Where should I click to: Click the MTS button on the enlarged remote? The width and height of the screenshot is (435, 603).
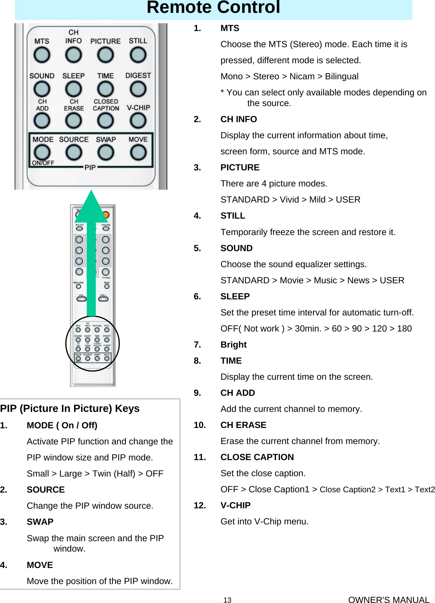pos(42,55)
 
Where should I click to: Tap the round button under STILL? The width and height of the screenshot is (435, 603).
pos(138,55)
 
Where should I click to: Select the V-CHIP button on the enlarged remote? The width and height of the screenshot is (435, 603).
pos(138,121)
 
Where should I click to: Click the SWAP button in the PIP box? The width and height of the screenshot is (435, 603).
pos(106,153)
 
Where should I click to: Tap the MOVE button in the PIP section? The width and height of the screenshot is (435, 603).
pos(138,153)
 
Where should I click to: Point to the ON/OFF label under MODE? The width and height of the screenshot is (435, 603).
pos(43,163)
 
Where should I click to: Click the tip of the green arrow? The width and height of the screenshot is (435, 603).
pos(92,192)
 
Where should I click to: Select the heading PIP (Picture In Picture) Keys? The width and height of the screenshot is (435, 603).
pos(70,408)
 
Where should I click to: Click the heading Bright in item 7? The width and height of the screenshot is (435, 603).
pos(233,345)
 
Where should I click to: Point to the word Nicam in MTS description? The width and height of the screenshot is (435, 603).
pos(302,76)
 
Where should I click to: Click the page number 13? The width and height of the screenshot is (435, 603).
pos(227,600)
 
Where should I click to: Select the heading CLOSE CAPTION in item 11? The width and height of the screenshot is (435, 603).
pos(257,457)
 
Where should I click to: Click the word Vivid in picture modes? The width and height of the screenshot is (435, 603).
pos(289,200)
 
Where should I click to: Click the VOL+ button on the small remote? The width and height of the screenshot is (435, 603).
pos(103,299)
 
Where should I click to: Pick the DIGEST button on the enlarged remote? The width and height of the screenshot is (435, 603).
pos(138,89)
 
